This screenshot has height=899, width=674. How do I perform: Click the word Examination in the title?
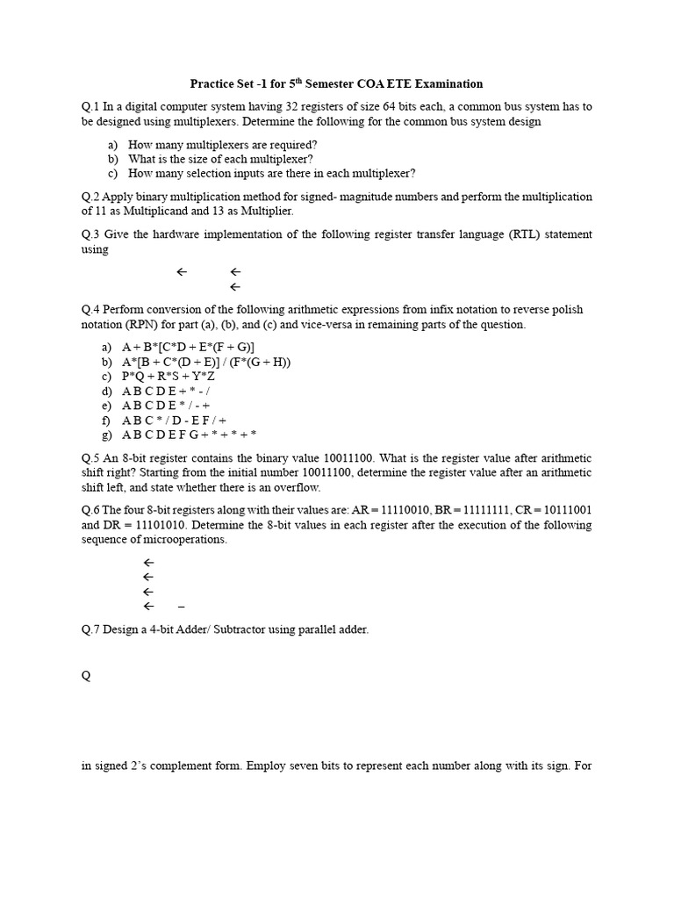point(447,84)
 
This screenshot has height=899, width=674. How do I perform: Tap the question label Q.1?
point(90,106)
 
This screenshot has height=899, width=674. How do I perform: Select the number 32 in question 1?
point(278,106)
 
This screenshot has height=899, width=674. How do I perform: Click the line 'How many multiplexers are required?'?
point(222,144)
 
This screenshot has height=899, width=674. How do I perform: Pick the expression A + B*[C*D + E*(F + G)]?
point(194,347)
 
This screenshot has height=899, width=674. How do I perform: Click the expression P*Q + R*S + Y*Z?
point(174,376)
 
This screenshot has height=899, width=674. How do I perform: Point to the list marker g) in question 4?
point(109,435)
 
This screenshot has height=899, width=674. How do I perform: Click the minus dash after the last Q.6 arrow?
point(181,607)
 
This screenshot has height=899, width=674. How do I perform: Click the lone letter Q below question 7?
point(86,677)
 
